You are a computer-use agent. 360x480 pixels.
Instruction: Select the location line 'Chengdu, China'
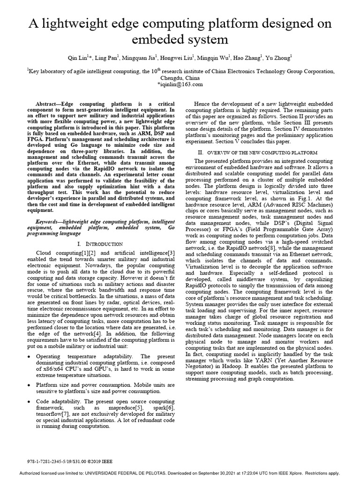180,78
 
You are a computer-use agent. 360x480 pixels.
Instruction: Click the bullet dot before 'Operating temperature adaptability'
29,357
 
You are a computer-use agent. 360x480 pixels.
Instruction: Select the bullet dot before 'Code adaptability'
29,402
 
